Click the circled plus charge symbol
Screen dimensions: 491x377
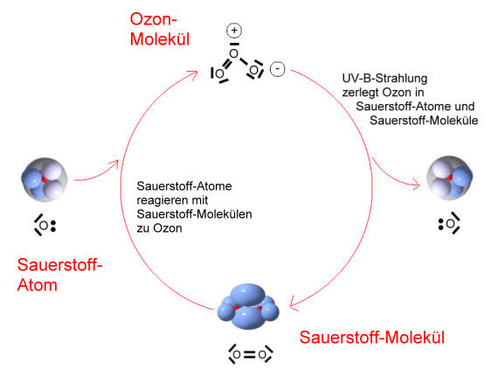[x=234, y=31]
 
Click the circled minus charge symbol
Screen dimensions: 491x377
[x=278, y=68]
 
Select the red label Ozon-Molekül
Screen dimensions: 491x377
[x=160, y=29]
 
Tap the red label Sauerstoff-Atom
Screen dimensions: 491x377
[x=59, y=275]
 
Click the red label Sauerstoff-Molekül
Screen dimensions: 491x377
[x=372, y=338]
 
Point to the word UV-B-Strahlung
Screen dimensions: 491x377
[x=384, y=79]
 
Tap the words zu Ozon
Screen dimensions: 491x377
[x=159, y=228]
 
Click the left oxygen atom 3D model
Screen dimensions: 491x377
[x=45, y=179]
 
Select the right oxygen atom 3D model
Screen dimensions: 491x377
[x=450, y=178]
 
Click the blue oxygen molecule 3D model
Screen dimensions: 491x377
[x=248, y=306]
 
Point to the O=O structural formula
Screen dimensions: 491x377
[x=250, y=354]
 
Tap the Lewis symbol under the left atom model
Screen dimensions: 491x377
[x=45, y=225]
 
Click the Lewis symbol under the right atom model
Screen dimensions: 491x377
[x=449, y=224]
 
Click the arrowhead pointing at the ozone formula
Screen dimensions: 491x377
[x=195, y=73]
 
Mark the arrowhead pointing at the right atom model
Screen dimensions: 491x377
[x=418, y=185]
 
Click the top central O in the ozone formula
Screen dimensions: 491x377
[x=233, y=53]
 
